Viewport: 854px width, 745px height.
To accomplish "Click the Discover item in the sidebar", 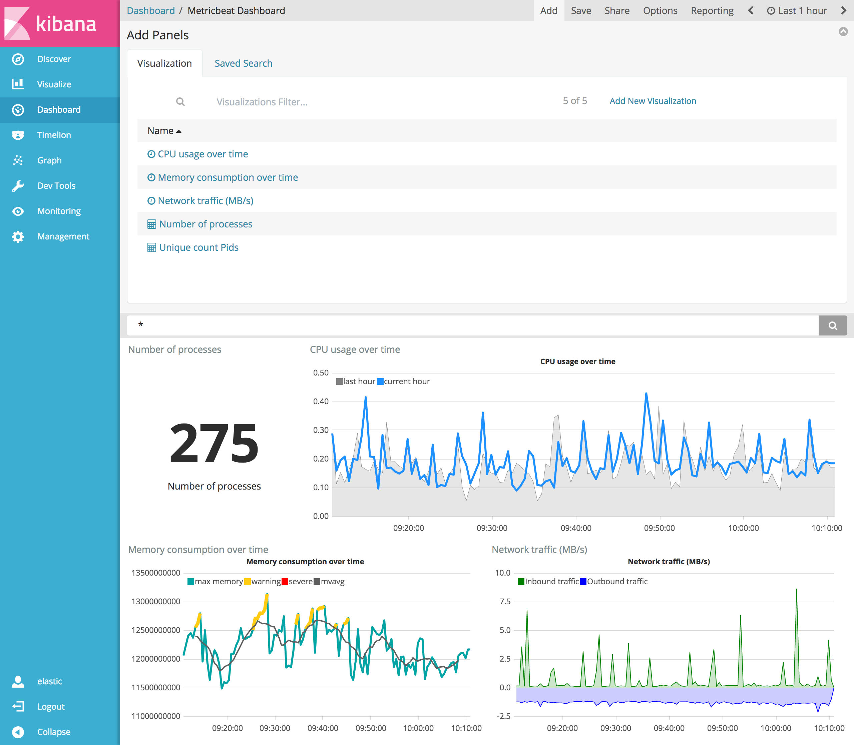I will coord(54,59).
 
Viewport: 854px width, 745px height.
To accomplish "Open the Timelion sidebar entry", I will coord(54,135).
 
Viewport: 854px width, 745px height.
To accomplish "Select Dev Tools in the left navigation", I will coord(56,186).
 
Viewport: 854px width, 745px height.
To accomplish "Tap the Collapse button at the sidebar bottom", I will coord(53,732).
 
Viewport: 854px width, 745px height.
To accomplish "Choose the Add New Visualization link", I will coord(653,101).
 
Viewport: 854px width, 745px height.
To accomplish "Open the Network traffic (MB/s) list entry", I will coord(205,201).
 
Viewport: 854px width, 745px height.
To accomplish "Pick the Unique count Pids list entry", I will coord(199,247).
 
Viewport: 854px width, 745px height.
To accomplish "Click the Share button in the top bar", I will coord(616,11).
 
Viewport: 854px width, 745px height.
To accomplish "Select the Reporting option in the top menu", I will coord(712,11).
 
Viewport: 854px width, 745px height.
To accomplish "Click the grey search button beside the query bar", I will coord(832,325).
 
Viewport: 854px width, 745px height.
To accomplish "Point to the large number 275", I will coord(214,443).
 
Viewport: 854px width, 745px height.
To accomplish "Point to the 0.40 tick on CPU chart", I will coord(321,402).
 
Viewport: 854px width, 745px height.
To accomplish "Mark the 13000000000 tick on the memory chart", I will coord(155,602).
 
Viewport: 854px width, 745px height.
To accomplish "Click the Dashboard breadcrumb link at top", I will coord(150,11).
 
